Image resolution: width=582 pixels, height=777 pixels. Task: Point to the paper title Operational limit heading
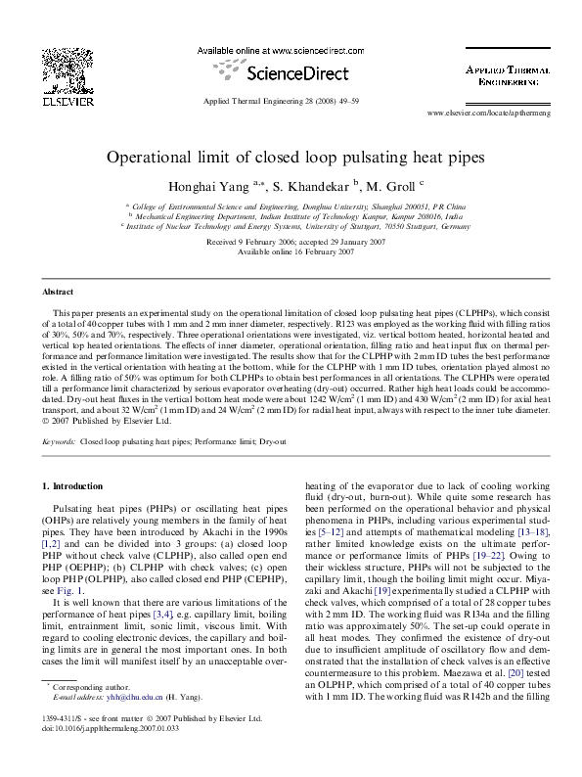click(x=291, y=157)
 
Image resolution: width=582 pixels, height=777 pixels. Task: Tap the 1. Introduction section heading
click(x=74, y=486)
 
